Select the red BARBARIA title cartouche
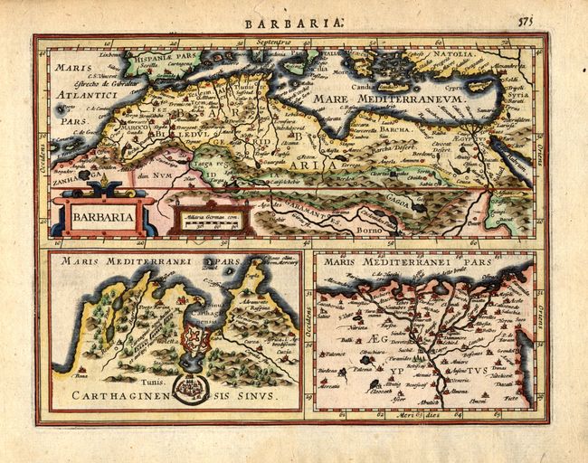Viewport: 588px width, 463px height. (x=100, y=216)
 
